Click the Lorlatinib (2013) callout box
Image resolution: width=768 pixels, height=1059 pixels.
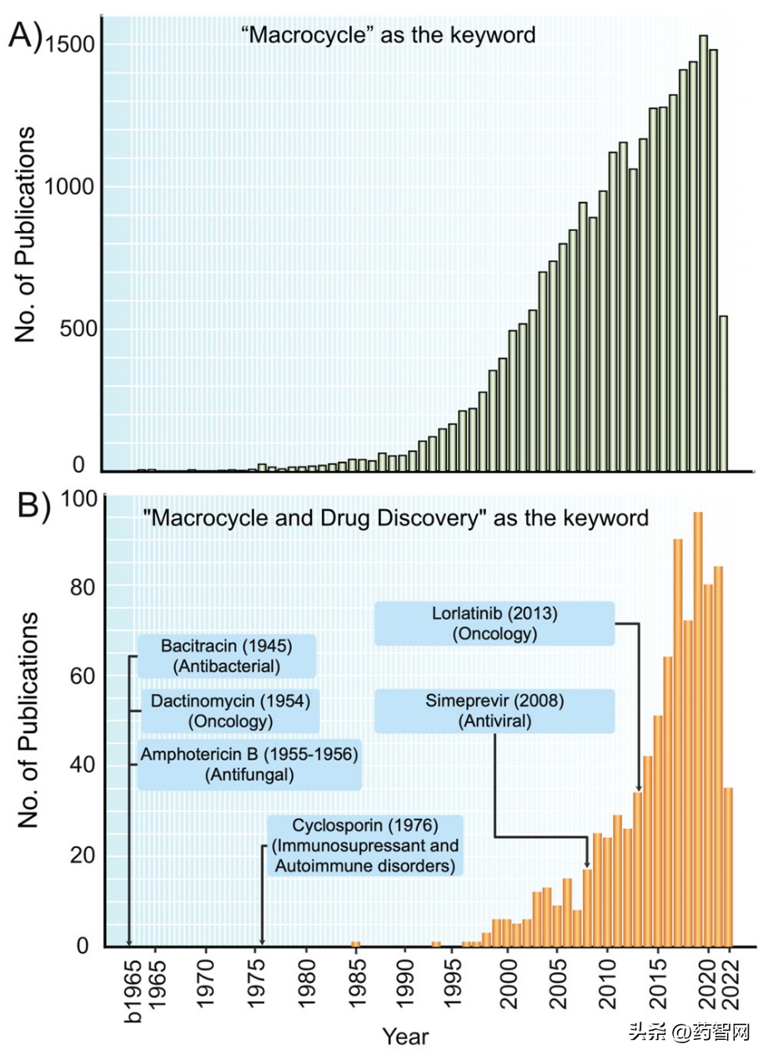click(x=494, y=624)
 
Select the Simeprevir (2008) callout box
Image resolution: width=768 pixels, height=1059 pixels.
click(x=494, y=710)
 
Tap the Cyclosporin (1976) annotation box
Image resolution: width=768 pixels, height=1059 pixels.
click(x=365, y=846)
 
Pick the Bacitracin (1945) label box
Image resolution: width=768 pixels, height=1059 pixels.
click(x=227, y=655)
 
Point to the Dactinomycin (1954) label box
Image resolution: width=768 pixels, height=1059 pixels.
click(x=229, y=710)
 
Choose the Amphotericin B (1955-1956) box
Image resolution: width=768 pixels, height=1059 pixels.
click(x=249, y=765)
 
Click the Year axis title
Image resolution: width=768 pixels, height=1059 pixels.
click(x=405, y=1036)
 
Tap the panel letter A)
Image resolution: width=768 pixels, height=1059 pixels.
click(x=25, y=37)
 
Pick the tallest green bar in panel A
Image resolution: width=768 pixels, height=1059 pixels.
click(x=704, y=253)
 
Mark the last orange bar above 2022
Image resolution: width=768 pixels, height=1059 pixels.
click(x=728, y=867)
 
